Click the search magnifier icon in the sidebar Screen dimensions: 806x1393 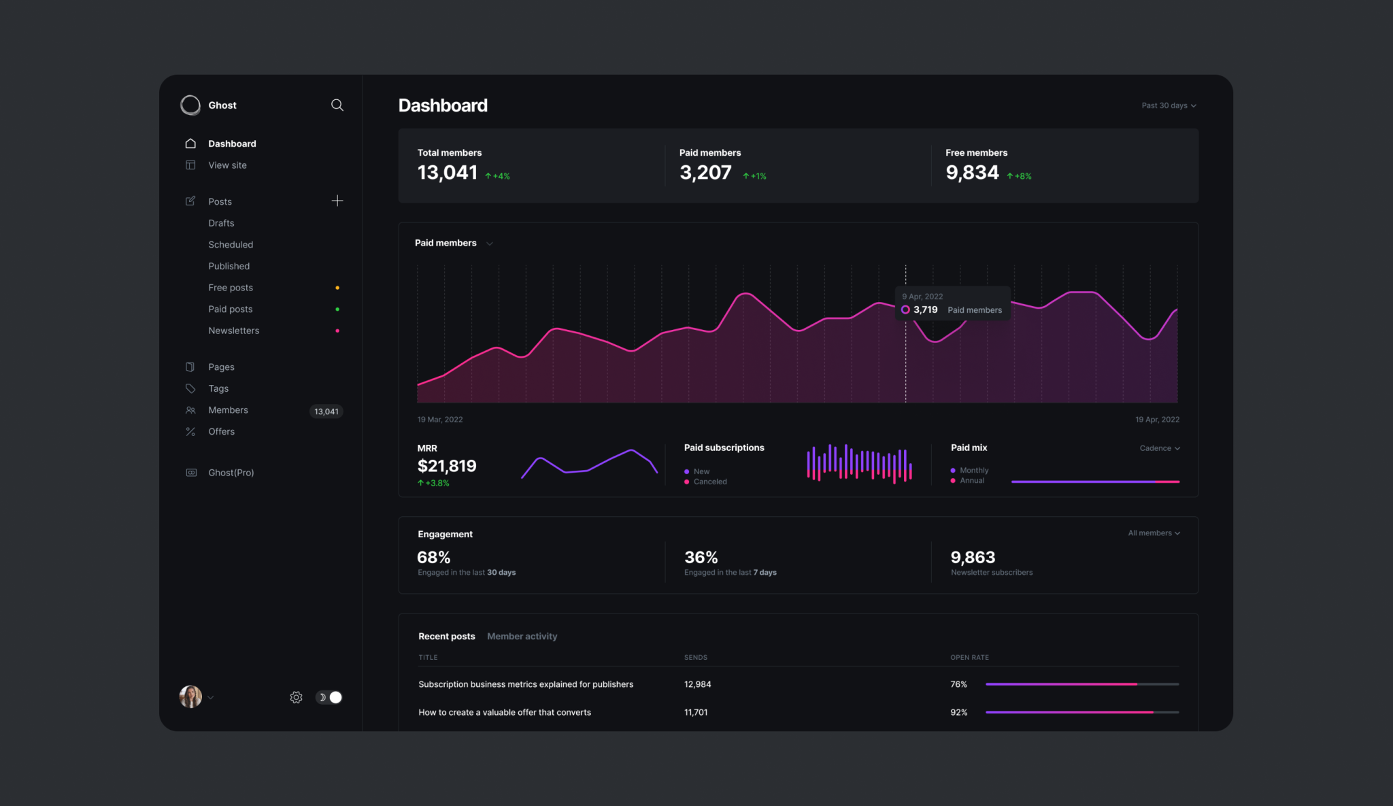pos(337,105)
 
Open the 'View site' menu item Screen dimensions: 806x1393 pos(227,165)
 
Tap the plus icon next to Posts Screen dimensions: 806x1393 pos(337,201)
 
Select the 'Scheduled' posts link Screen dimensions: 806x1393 pos(231,245)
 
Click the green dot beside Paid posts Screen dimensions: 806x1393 pos(337,309)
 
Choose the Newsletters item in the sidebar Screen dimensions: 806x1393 pos(233,331)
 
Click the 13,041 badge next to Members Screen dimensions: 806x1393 pos(326,412)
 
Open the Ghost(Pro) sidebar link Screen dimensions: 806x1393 pos(231,473)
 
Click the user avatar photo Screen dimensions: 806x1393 pos(190,696)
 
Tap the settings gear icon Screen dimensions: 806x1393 pos(296,697)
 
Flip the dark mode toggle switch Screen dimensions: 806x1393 pos(329,697)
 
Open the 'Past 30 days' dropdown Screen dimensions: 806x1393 pos(1169,105)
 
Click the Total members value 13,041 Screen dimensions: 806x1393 pos(448,173)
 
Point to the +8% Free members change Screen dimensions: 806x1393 pos(1020,176)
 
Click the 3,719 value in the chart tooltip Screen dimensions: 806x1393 pos(925,309)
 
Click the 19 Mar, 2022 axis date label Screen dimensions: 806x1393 pos(440,420)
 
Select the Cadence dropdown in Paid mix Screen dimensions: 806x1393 pos(1160,448)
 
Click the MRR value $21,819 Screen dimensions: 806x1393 pos(447,466)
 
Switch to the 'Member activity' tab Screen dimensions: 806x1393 pos(522,637)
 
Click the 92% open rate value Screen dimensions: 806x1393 pos(958,712)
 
